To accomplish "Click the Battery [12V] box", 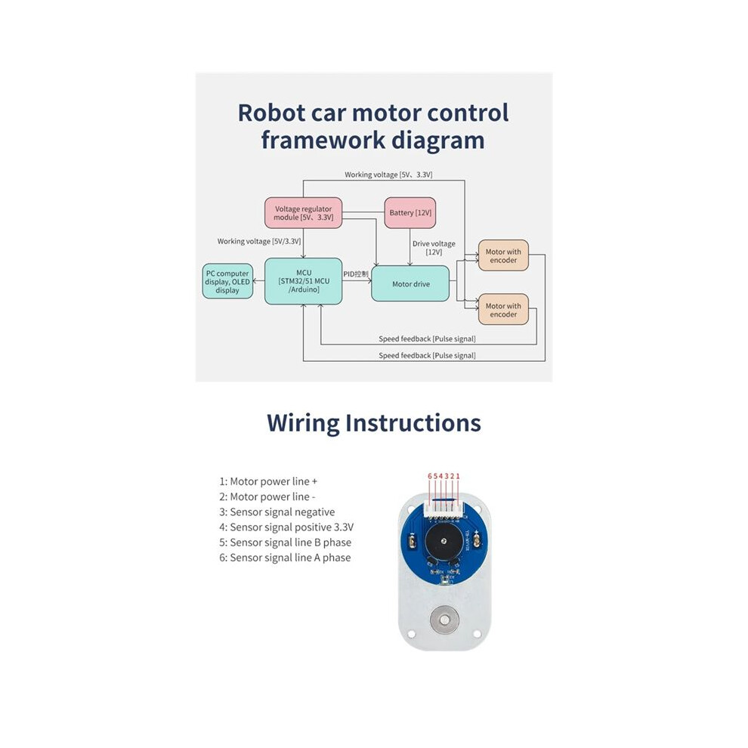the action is [410, 213].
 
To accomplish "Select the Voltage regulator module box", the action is [304, 213].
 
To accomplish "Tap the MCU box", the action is [304, 281].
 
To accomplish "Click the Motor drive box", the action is [410, 284].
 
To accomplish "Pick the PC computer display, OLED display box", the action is [227, 282].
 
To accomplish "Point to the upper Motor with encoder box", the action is [503, 255].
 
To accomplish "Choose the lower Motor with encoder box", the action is [503, 310].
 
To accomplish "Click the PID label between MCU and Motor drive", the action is [356, 274].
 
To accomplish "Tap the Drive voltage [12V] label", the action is [434, 248].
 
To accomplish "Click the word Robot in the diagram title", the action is [271, 113].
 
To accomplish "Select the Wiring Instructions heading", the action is [374, 423].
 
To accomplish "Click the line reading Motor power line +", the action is [268, 481].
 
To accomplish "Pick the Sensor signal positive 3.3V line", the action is [286, 527].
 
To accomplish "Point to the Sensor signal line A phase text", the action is [286, 558].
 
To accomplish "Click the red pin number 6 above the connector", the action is [430, 476].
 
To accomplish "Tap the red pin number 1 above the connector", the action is [458, 476].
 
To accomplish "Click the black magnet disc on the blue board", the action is [444, 541].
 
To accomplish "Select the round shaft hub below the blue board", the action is [444, 620].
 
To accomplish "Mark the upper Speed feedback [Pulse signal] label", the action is [427, 338].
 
